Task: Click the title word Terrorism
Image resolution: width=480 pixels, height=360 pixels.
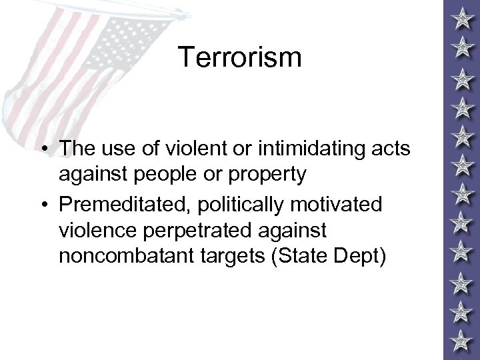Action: coord(239,57)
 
